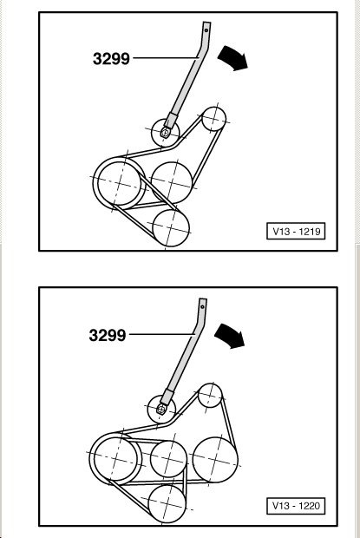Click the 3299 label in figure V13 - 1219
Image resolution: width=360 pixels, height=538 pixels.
(x=111, y=58)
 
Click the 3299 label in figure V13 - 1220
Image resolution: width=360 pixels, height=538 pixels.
(x=108, y=335)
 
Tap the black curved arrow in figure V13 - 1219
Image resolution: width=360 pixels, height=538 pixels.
(x=233, y=57)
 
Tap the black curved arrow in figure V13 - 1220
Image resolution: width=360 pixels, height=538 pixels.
(x=230, y=336)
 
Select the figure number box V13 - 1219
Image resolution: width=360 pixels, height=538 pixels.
(x=296, y=231)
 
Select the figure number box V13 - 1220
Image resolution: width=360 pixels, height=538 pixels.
(x=296, y=505)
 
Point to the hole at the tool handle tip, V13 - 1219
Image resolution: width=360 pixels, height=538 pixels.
(x=206, y=30)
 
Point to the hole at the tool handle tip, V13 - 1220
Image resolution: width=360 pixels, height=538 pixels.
(x=203, y=306)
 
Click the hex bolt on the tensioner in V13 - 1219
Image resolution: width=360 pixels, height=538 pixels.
(x=166, y=132)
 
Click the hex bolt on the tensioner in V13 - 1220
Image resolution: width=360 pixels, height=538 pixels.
(x=160, y=409)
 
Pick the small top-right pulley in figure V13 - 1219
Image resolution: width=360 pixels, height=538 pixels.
(x=214, y=119)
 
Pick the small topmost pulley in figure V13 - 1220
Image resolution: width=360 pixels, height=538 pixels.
(x=210, y=396)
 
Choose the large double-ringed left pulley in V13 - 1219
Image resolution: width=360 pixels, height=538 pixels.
(x=119, y=183)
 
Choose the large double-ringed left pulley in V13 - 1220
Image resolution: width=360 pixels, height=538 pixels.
(x=115, y=459)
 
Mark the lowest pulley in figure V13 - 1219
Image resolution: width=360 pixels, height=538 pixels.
(x=171, y=228)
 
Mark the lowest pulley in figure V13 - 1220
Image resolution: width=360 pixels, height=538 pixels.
(x=167, y=503)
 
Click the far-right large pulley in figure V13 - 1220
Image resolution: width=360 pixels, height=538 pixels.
(x=215, y=459)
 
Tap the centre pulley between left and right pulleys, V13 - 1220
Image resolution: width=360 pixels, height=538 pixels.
(x=168, y=459)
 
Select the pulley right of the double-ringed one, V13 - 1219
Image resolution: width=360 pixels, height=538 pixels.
(x=172, y=182)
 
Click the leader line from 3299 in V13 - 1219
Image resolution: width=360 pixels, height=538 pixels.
(x=166, y=58)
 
